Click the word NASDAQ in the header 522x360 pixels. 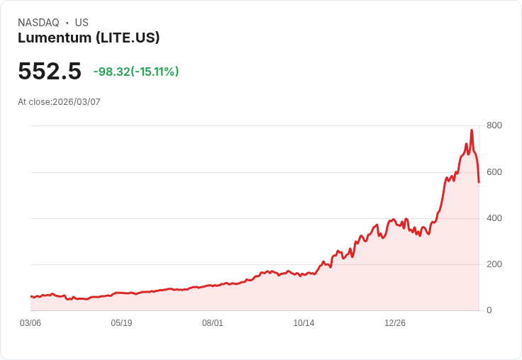click(38, 23)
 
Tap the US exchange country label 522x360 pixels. click(82, 23)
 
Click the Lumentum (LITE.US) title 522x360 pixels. click(89, 38)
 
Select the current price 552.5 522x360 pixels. click(50, 72)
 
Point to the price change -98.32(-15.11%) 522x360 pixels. click(136, 72)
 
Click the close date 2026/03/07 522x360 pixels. click(77, 102)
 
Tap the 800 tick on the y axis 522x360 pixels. click(494, 125)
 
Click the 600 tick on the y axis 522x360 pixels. click(494, 172)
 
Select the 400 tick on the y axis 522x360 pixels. click(494, 218)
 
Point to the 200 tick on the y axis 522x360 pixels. click(494, 264)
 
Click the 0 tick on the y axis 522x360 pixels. click(489, 310)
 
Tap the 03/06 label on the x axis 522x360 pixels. click(30, 323)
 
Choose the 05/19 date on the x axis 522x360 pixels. click(121, 323)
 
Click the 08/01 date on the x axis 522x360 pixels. click(213, 323)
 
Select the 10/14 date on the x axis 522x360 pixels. click(304, 323)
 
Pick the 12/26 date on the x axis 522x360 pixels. click(395, 323)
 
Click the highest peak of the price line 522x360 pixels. click(472, 130)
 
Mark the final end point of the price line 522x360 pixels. click(479, 183)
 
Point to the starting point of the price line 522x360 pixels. click(30, 296)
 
